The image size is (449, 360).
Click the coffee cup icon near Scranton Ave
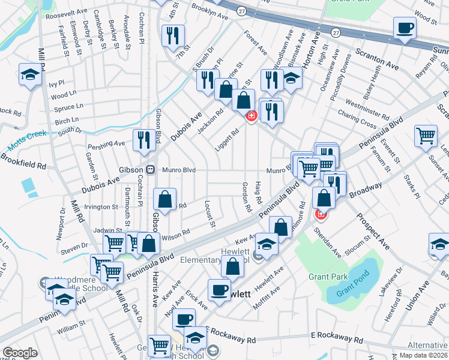coord(405,28)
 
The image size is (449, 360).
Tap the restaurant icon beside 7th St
coord(170,35)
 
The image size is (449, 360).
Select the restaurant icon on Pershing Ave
coord(143,140)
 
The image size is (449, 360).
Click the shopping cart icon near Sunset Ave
coord(426,136)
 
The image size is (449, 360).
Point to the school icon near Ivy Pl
coord(29,74)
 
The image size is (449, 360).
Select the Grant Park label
coord(325,277)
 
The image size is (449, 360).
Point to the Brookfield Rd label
coord(23,160)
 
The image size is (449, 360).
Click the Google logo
coord(20,353)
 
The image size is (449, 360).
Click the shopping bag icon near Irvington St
coord(164,199)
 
